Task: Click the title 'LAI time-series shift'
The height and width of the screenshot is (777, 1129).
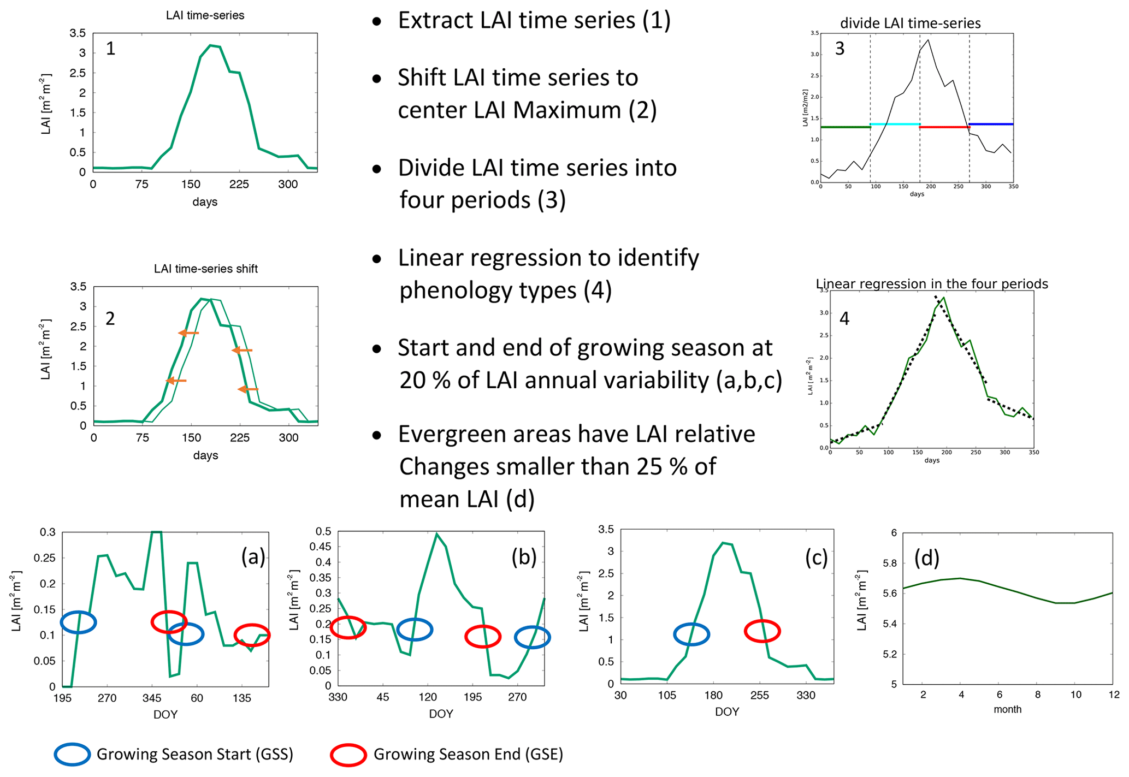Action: (205, 269)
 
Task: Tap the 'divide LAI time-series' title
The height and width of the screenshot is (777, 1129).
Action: (910, 23)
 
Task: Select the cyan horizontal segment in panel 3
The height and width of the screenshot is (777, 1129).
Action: (895, 124)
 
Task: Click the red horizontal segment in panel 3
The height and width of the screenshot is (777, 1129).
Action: (944, 127)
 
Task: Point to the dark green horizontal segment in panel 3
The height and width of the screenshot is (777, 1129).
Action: (845, 127)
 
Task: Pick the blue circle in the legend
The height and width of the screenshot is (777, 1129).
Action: (72, 754)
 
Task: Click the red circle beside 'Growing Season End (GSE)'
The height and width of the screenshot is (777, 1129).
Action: (348, 755)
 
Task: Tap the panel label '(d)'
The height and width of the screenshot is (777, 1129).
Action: (926, 557)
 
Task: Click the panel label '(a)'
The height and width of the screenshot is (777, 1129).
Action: (253, 556)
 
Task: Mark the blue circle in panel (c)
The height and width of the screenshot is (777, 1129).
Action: (691, 634)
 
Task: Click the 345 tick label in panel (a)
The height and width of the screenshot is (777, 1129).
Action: (152, 698)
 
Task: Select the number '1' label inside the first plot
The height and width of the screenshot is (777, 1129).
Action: (110, 49)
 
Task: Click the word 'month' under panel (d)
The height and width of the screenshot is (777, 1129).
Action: (1007, 709)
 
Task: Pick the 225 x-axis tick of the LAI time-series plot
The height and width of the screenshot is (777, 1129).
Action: (239, 185)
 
